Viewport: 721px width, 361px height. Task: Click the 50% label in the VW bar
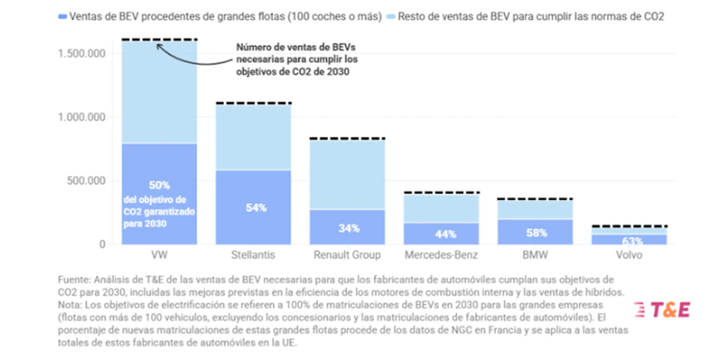pos(159,184)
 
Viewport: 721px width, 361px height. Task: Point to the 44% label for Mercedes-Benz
pos(441,234)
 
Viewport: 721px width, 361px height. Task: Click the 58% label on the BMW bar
pos(536,232)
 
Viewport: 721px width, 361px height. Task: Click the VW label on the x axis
pos(159,255)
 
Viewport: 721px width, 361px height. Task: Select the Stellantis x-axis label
pos(255,255)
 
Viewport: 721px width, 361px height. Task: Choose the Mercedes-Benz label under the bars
pos(442,255)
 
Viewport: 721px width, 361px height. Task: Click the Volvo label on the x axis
pos(629,255)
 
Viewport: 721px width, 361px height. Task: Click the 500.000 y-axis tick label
pos(88,180)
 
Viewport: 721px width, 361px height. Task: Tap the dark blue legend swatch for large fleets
pos(65,16)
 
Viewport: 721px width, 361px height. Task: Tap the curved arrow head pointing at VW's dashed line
pos(160,45)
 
